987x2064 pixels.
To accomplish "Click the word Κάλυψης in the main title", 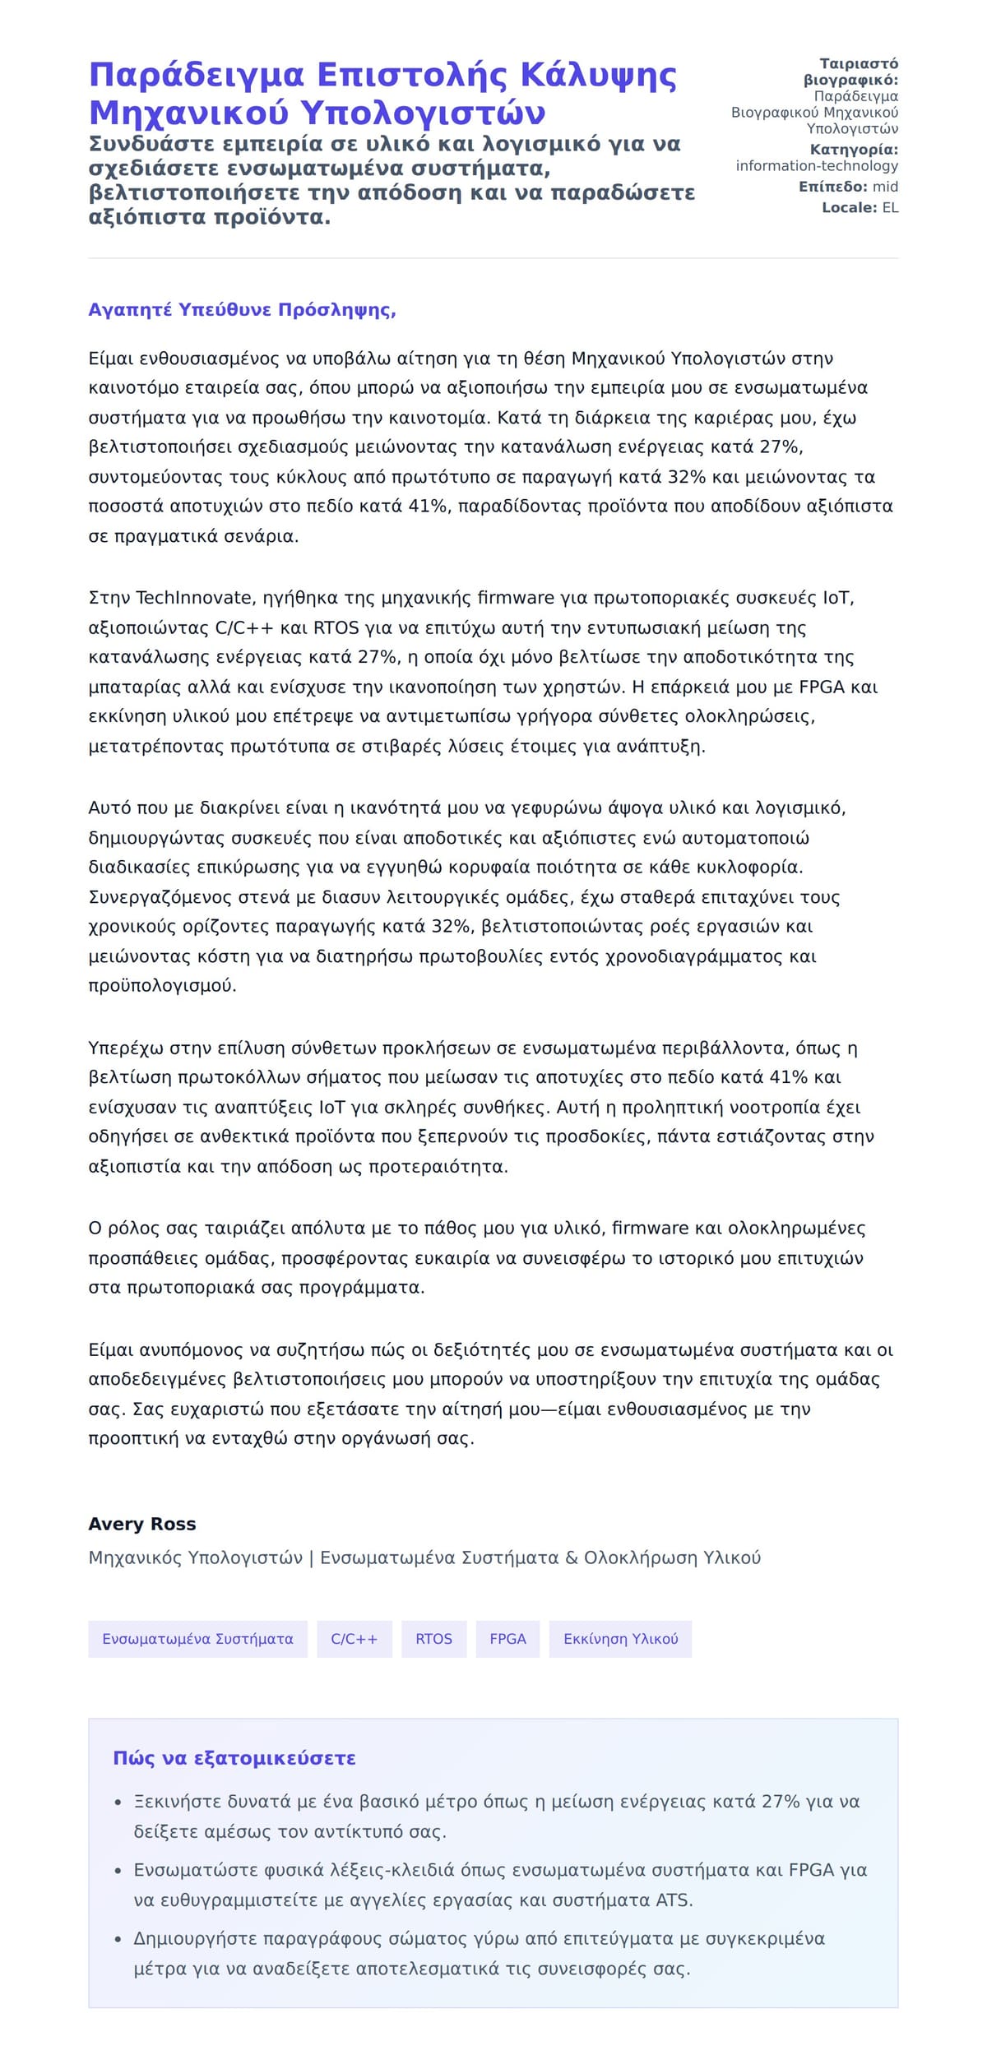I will tap(598, 75).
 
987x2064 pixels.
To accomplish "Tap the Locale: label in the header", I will tap(850, 208).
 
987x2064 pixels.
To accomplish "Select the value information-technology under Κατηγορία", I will tap(817, 166).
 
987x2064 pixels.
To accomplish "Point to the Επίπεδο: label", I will tap(832, 187).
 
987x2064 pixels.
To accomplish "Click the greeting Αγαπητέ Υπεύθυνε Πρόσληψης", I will tap(242, 310).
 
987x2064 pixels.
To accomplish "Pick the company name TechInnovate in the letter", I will tap(193, 598).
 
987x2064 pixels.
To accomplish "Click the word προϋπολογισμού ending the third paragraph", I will tap(162, 985).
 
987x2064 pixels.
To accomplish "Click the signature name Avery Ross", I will tap(142, 1524).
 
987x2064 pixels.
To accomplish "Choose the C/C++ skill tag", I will tap(354, 1655).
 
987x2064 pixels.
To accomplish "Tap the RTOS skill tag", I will tap(433, 1655).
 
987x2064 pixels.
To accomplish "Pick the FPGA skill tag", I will tap(507, 1655).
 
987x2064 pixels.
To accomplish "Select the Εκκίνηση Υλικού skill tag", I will tap(620, 1655).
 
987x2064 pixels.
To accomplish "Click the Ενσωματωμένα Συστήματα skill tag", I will tap(197, 1655).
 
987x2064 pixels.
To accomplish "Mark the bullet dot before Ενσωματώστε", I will tap(118, 1871).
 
